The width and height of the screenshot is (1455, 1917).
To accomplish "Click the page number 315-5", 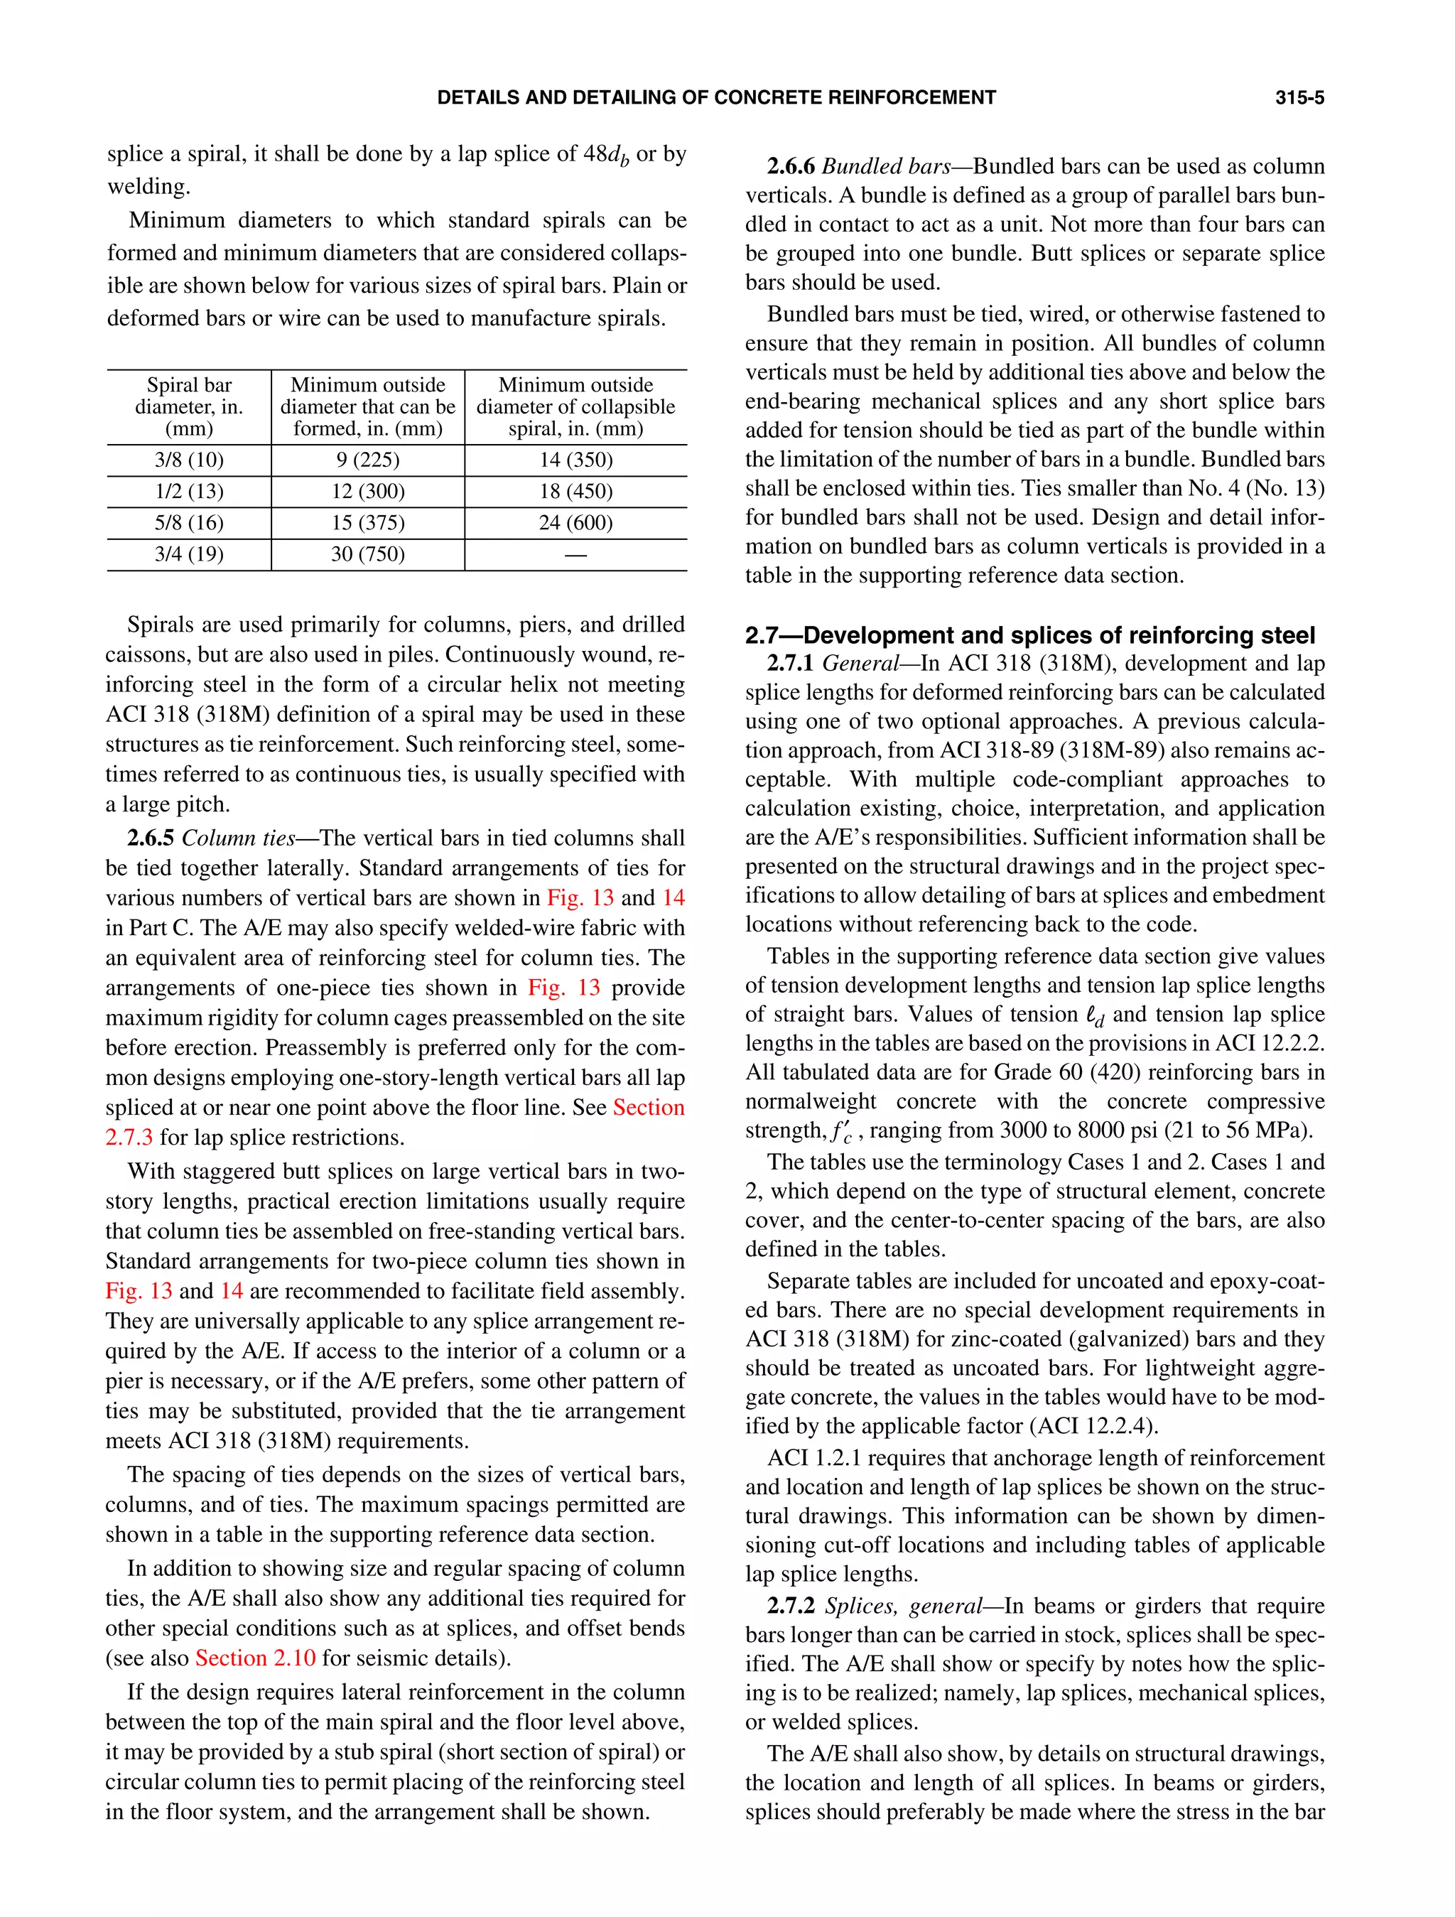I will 1299,98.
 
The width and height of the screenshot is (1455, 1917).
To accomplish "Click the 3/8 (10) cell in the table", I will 189,460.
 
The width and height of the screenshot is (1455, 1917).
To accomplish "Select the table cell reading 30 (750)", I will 367,555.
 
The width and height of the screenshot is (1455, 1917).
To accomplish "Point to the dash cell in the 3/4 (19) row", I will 575,555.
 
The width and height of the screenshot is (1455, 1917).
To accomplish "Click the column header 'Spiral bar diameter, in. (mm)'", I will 189,406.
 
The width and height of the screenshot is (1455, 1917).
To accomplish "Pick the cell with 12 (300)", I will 367,492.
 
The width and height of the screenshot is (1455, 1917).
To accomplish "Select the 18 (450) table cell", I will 575,492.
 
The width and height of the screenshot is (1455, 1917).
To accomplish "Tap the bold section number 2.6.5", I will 151,838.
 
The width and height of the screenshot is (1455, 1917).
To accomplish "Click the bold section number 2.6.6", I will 790,166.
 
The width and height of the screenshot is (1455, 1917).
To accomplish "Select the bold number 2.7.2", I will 790,1606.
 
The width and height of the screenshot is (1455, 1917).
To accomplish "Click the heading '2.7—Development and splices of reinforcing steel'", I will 1029,635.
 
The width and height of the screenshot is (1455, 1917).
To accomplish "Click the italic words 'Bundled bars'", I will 885,166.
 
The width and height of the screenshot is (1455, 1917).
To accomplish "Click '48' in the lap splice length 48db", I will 595,154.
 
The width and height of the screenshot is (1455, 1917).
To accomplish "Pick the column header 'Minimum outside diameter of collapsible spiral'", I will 575,406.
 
